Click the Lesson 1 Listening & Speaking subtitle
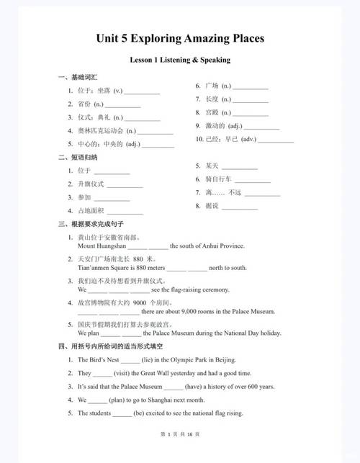point(180,60)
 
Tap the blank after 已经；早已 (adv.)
point(276,139)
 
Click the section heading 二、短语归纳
point(73,157)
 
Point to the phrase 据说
point(211,206)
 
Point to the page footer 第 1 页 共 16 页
point(180,454)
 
